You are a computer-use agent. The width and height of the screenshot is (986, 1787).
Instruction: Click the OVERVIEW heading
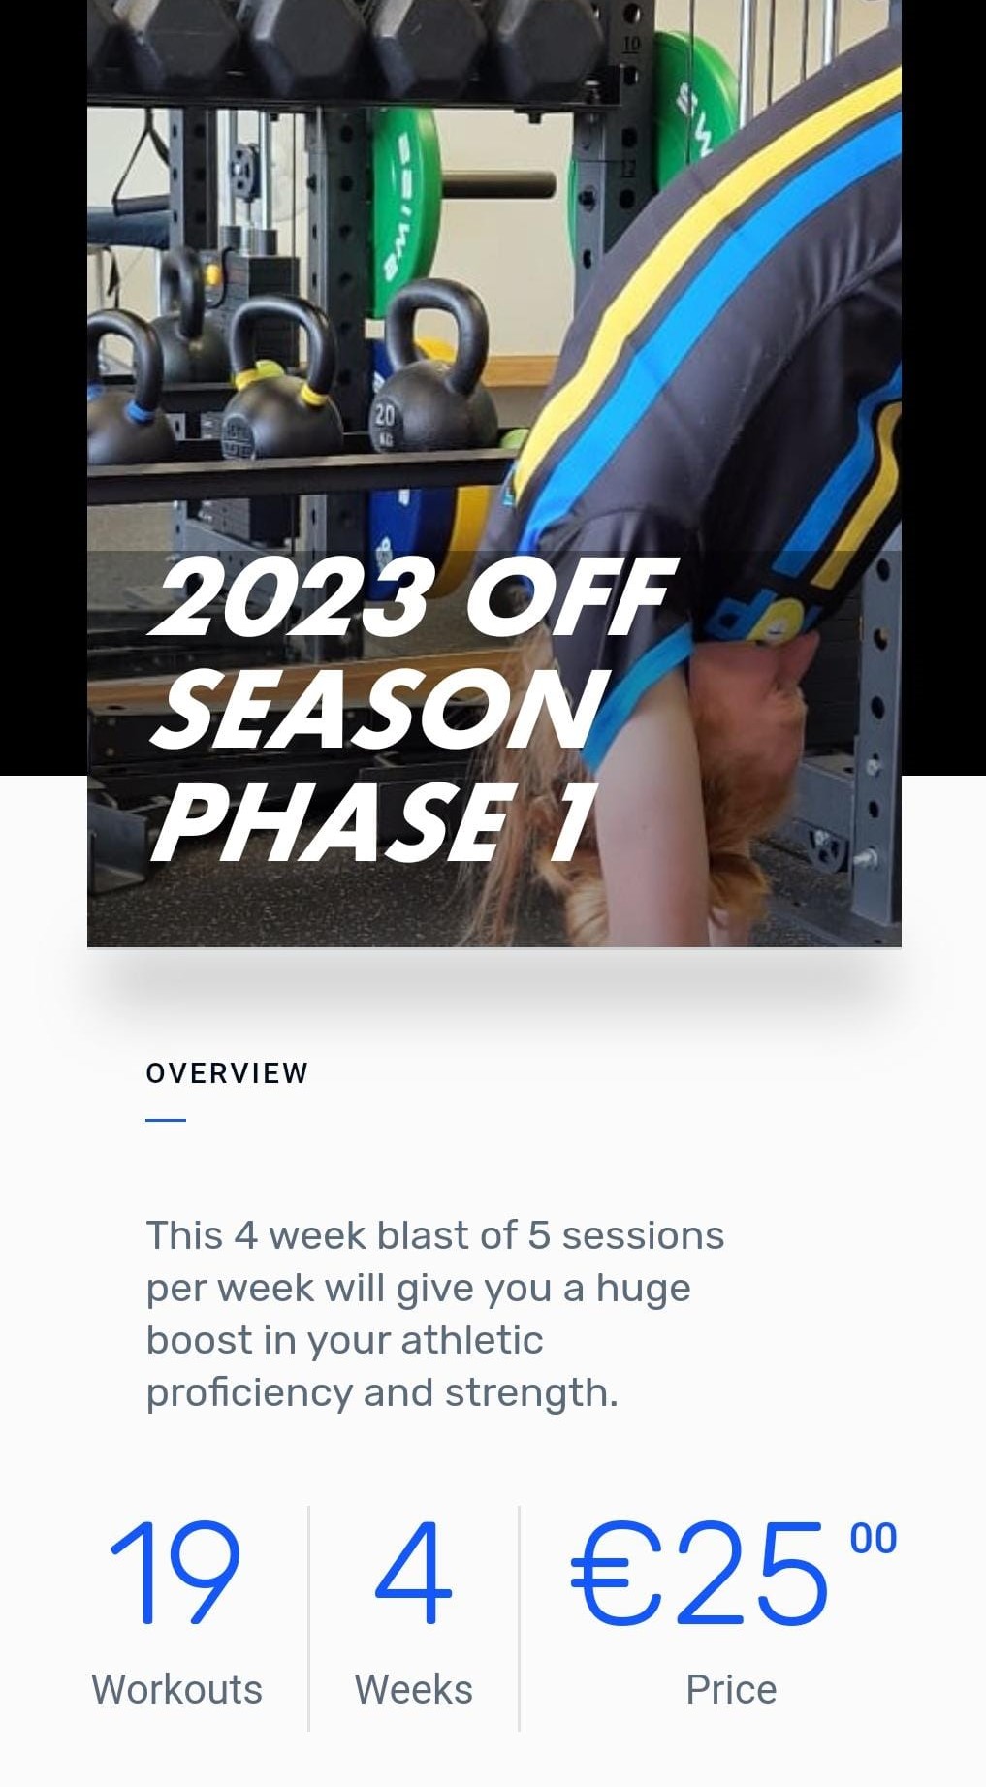(x=227, y=1073)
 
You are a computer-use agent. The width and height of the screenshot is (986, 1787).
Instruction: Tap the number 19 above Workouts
(x=175, y=1573)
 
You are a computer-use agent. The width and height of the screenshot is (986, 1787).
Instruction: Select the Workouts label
(x=176, y=1690)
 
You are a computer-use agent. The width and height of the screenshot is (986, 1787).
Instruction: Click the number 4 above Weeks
(x=413, y=1573)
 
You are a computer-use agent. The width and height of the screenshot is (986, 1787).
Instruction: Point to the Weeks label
(x=413, y=1690)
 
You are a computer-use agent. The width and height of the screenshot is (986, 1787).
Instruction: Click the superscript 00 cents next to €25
(x=873, y=1540)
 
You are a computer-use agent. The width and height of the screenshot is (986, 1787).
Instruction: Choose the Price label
(x=731, y=1690)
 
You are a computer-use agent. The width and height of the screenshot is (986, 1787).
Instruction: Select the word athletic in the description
(x=471, y=1341)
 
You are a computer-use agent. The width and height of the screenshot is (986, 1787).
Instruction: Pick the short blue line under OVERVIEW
(x=166, y=1120)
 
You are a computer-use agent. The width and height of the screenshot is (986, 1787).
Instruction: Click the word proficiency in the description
(x=249, y=1393)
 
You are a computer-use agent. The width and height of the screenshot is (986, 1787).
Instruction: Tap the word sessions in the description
(x=643, y=1236)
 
